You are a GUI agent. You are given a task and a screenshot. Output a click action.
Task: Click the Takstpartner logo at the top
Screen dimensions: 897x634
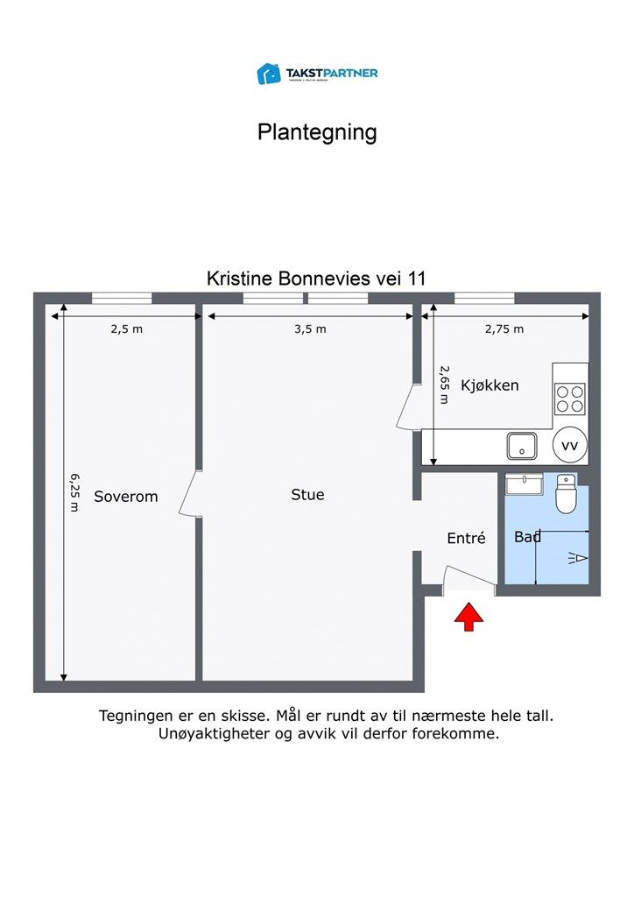317,74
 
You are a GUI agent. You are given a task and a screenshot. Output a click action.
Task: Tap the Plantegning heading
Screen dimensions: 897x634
317,132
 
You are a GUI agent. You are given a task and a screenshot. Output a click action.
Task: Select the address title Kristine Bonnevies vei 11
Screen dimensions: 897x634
316,279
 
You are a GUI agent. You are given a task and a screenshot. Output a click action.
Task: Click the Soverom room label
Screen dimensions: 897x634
126,497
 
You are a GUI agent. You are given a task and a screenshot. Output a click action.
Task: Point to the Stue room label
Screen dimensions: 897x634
307,495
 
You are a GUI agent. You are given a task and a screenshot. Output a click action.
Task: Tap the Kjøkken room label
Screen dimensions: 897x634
490,385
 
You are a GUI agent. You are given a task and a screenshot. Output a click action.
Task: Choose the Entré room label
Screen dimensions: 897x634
466,539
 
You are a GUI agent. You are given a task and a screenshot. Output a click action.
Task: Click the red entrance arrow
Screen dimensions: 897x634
469,616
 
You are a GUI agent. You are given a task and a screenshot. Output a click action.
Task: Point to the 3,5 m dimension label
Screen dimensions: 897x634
310,329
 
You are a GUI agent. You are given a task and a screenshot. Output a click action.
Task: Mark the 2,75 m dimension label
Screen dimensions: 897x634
504,329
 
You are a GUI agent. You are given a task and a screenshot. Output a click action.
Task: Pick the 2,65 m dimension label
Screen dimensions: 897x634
444,385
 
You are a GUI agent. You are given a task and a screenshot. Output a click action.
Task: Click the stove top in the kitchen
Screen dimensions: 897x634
570,399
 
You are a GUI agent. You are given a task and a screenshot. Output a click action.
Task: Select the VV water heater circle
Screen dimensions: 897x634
570,445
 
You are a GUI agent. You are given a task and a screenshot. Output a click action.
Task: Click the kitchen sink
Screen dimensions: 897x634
522,446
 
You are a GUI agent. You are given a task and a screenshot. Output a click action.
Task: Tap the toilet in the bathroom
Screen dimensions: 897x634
566,495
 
